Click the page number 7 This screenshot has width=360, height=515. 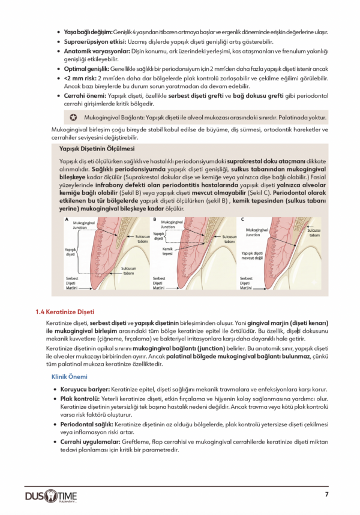tap(326, 494)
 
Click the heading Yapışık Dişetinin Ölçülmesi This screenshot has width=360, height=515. tap(97, 149)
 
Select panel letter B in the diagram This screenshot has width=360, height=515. tap(154, 220)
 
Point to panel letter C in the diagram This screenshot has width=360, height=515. tap(242, 220)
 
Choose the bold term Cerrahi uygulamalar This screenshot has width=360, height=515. tap(92, 441)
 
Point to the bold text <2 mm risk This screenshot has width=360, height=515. tap(80, 79)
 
